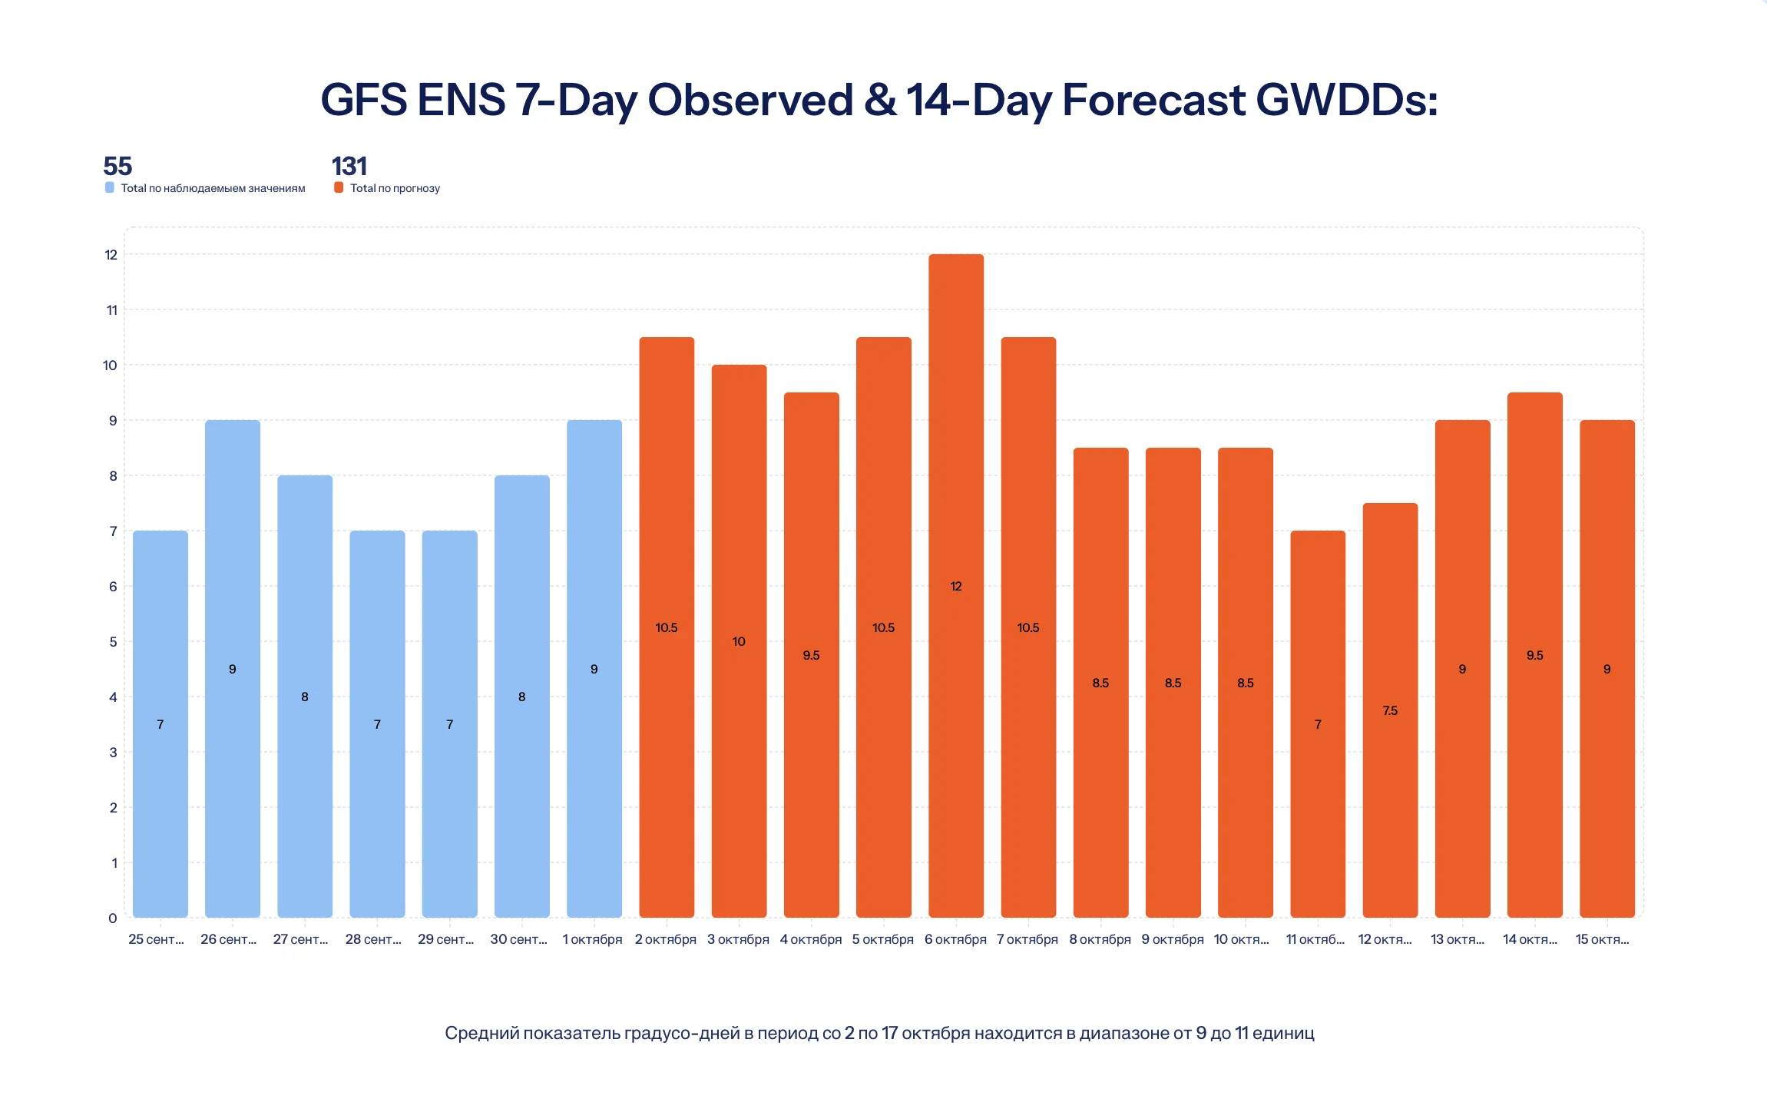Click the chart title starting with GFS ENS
click(x=879, y=101)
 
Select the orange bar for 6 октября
click(x=956, y=585)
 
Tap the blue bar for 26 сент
click(x=233, y=668)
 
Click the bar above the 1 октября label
click(x=594, y=668)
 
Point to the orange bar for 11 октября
click(x=1318, y=723)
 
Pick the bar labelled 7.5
click(x=1390, y=710)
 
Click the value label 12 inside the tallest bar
click(x=956, y=586)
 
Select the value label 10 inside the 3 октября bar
click(x=739, y=641)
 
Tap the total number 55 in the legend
click(x=117, y=166)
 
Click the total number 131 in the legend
click(x=349, y=166)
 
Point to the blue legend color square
click(x=110, y=187)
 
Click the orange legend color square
click(x=339, y=187)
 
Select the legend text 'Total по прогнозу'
click(x=395, y=188)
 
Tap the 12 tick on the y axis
click(x=111, y=254)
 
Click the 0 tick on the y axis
click(x=113, y=918)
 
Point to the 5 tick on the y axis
click(x=113, y=641)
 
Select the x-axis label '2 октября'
click(x=666, y=939)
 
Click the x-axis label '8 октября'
click(x=1100, y=939)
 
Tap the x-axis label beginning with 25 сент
click(x=157, y=939)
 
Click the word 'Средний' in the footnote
click(x=481, y=1033)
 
